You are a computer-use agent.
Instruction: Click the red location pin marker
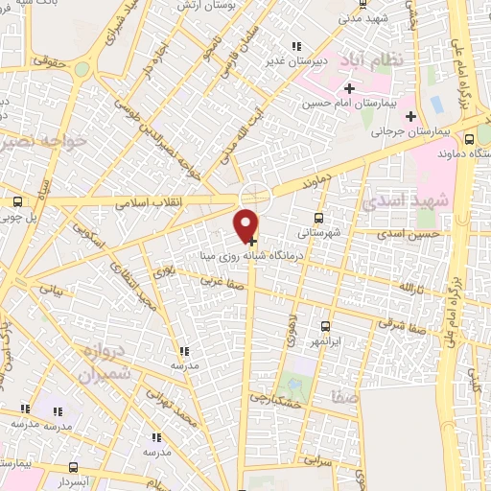[x=246, y=224]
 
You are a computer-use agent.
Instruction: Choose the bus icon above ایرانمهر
[x=325, y=326]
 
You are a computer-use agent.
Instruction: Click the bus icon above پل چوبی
[x=18, y=201]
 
